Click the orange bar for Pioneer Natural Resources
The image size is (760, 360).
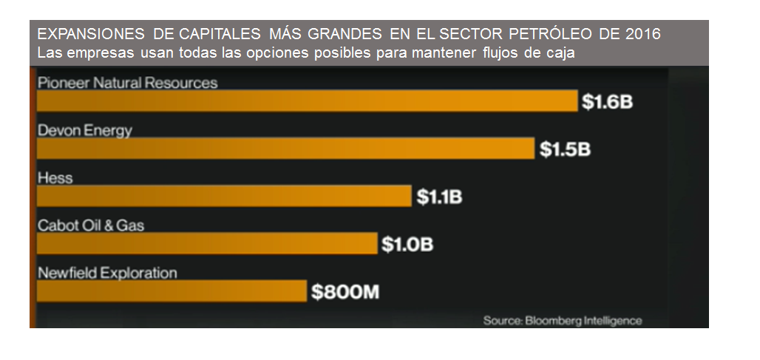tap(307, 101)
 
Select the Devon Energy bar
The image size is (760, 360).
tap(285, 149)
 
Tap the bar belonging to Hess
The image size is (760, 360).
tap(223, 196)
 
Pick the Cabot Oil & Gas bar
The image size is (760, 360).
tap(206, 243)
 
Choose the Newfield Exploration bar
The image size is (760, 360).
tap(171, 291)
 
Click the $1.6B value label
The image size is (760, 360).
tap(607, 102)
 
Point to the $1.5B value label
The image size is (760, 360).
tap(565, 149)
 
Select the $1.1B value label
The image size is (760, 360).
tap(440, 197)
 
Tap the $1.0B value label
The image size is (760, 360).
tap(407, 244)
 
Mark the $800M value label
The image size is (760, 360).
tap(345, 291)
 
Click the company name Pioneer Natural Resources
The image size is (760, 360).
tap(127, 83)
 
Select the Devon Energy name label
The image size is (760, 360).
tap(84, 131)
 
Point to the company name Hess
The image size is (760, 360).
tap(55, 178)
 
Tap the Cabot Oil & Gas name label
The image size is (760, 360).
tap(90, 225)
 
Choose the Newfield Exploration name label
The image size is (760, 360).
tap(107, 273)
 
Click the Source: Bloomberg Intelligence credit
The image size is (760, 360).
tap(563, 321)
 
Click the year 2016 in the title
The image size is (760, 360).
tap(642, 35)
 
